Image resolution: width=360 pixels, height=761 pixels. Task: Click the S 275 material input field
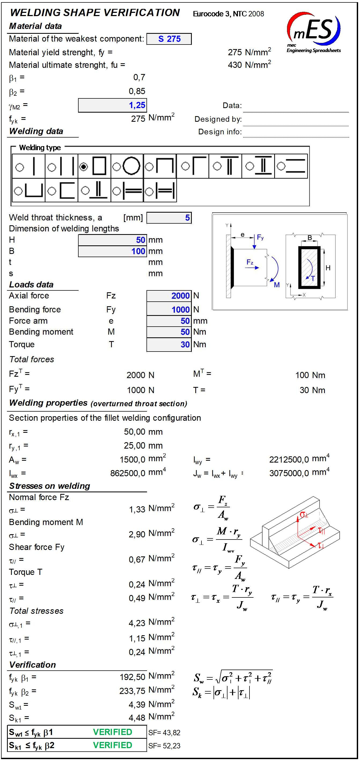pos(169,39)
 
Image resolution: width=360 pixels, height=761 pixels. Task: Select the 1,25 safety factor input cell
pos(112,105)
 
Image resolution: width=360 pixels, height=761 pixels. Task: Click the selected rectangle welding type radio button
pos(84,167)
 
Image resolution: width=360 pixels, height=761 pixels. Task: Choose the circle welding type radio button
pos(116,167)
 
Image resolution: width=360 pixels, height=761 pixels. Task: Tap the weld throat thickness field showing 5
pos(169,218)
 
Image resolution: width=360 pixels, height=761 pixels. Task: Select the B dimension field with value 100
pos(112,251)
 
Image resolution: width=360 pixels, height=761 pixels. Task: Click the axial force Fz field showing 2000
pos(169,295)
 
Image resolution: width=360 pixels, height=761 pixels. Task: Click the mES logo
pos(314,31)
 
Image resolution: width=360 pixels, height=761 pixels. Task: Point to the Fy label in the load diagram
pos(260,237)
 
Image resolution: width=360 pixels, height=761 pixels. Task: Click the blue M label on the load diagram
pos(277,285)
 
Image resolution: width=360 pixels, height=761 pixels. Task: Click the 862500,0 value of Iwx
pos(128,473)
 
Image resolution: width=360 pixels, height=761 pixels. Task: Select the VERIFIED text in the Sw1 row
pos(112,732)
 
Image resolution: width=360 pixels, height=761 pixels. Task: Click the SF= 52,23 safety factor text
pos(164,746)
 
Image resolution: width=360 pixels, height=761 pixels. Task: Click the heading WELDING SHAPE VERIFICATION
pos(95,13)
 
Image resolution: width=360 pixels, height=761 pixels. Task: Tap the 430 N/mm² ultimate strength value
pos(249,65)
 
